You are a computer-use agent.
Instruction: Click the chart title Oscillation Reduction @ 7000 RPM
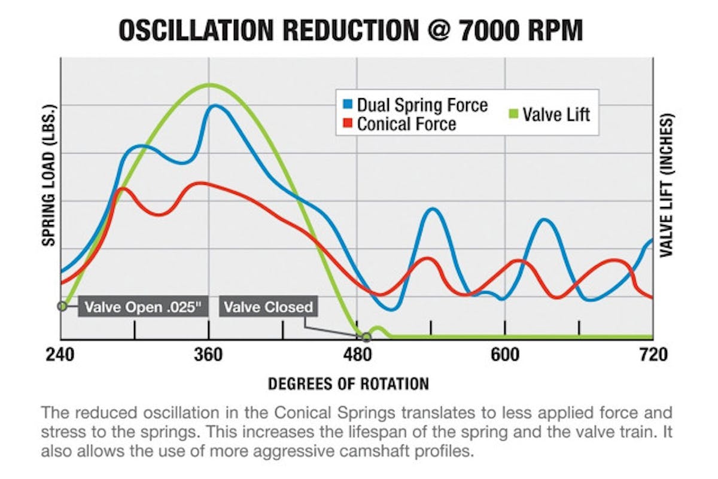(350, 30)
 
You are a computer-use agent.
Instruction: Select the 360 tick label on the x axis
(208, 355)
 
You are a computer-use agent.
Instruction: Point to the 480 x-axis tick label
(357, 355)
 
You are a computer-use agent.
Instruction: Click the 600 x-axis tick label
(505, 355)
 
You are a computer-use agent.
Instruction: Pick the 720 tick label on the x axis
(653, 355)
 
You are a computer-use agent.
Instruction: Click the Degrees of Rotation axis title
(348, 383)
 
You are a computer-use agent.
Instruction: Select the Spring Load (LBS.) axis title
(49, 175)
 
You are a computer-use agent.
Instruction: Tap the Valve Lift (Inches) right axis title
(667, 185)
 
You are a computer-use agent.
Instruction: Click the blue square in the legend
(348, 105)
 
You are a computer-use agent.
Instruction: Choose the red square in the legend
(348, 124)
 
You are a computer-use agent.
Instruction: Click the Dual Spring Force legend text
(422, 105)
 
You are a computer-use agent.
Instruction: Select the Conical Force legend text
(406, 124)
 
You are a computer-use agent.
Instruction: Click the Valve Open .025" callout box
(142, 307)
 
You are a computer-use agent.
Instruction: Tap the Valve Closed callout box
(268, 307)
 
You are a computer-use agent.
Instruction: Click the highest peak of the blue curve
(214, 106)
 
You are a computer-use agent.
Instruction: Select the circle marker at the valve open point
(62, 306)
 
